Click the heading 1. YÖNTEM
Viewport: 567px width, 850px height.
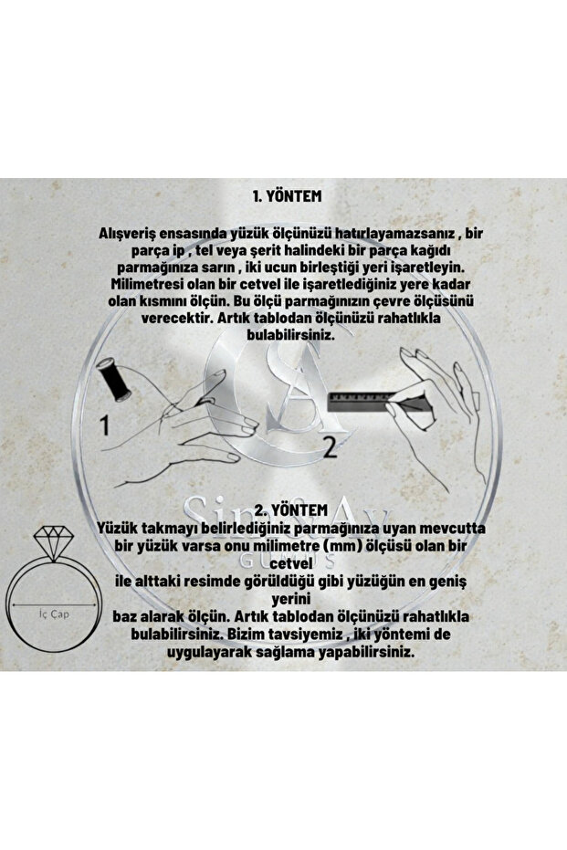pos(287,195)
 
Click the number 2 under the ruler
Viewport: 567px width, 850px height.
pos(329,446)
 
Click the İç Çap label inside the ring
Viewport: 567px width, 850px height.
pos(55,614)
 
